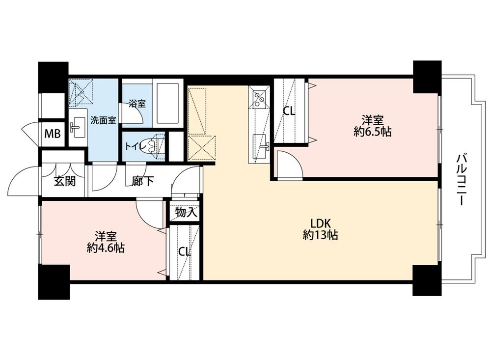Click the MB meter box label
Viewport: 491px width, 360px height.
click(x=53, y=134)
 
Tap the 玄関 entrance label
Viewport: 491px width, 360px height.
click(x=64, y=181)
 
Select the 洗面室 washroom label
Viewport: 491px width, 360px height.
click(x=103, y=120)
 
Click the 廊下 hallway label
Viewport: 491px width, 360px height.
click(x=142, y=181)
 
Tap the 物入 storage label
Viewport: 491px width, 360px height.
click(x=186, y=213)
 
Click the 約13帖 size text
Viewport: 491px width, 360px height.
click(x=320, y=235)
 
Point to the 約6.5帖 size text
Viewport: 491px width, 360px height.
click(x=372, y=132)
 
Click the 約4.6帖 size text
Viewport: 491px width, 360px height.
click(x=105, y=249)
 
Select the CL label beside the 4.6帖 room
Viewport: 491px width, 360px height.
click(x=184, y=252)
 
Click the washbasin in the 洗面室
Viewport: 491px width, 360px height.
click(x=77, y=128)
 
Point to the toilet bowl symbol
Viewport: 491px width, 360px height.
click(x=156, y=146)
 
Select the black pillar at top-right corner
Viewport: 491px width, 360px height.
click(x=427, y=77)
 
